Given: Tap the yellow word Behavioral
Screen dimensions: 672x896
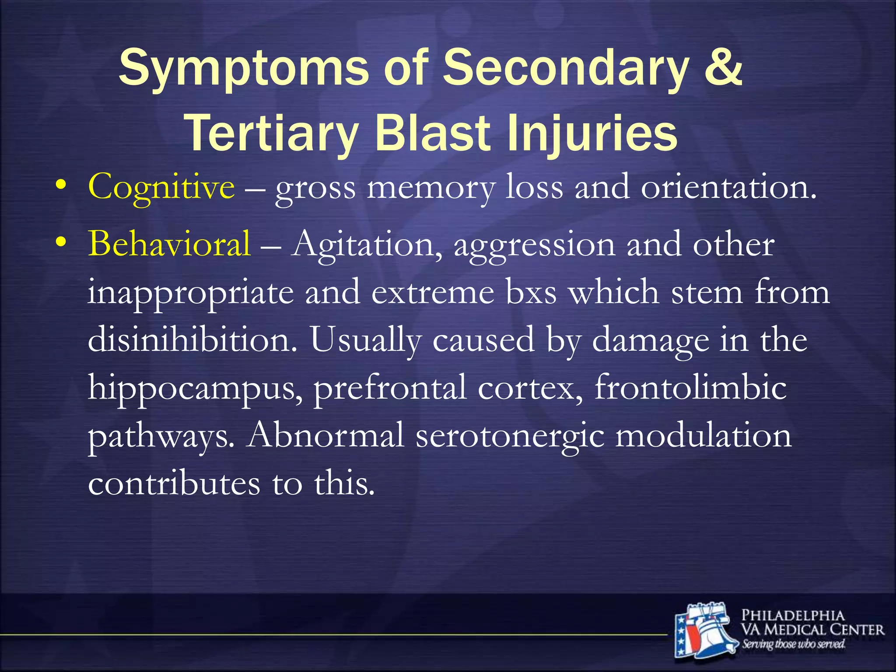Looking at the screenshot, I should point(169,244).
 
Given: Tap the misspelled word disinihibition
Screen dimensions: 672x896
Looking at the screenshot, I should point(192,340).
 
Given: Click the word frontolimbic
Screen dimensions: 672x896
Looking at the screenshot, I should point(690,388).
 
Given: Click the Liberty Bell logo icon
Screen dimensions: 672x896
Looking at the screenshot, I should point(704,630).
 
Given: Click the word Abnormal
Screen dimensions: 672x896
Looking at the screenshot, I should point(325,436).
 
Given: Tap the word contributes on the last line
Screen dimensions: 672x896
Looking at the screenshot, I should point(174,484).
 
